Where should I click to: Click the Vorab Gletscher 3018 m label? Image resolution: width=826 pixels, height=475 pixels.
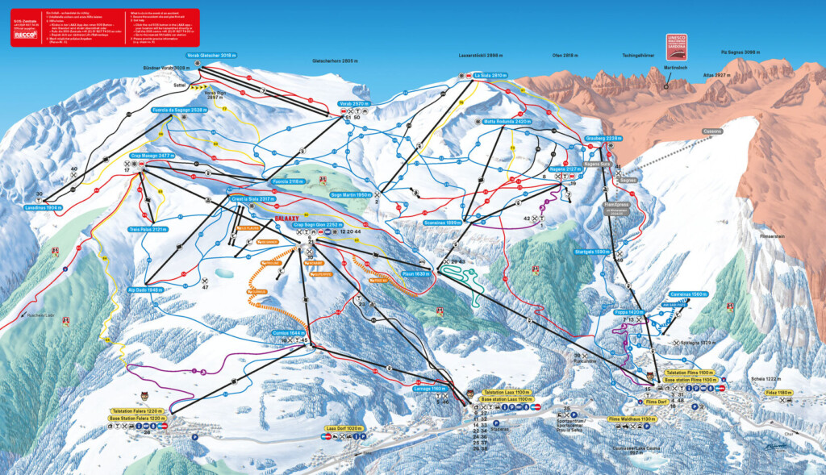[x=211, y=56]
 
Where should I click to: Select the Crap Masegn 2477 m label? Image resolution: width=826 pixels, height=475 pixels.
[x=151, y=155]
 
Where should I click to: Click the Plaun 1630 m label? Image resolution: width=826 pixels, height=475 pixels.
[x=415, y=273]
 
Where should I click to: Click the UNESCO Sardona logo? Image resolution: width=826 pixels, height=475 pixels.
[x=676, y=44]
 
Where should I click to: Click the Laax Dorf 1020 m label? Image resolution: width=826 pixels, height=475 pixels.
[x=345, y=428]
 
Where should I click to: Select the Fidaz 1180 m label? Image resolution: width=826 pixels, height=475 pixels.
[x=778, y=393]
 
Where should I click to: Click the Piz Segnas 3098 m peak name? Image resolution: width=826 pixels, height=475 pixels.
[x=740, y=52]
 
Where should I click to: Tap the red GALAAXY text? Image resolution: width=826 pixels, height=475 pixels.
[x=287, y=218]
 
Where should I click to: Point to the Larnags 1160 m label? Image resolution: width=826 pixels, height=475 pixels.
[x=428, y=388]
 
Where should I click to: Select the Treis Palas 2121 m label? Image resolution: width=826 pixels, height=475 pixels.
[x=149, y=229]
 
